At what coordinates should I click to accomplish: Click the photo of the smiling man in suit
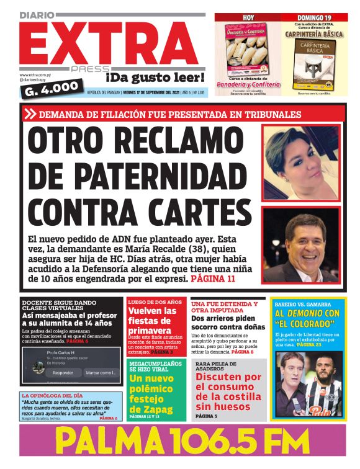[300, 245]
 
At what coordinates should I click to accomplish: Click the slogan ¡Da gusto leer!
[155, 78]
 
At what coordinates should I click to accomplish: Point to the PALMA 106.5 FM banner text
[180, 442]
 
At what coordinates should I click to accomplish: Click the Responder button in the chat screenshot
[63, 373]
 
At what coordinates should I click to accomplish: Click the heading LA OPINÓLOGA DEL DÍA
[52, 395]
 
